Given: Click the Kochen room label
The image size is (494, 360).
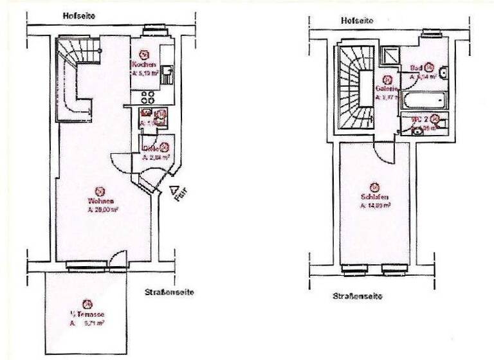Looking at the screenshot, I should [142, 66].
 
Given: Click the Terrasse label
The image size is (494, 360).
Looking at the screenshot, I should [87, 314].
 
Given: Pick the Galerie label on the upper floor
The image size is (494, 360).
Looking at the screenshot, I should [386, 89].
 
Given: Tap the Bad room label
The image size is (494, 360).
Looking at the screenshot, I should [416, 67].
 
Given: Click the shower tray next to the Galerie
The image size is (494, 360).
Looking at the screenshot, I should [389, 54].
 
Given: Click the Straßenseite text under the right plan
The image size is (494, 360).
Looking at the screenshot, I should [358, 296].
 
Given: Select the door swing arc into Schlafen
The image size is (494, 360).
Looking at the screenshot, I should [383, 154].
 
